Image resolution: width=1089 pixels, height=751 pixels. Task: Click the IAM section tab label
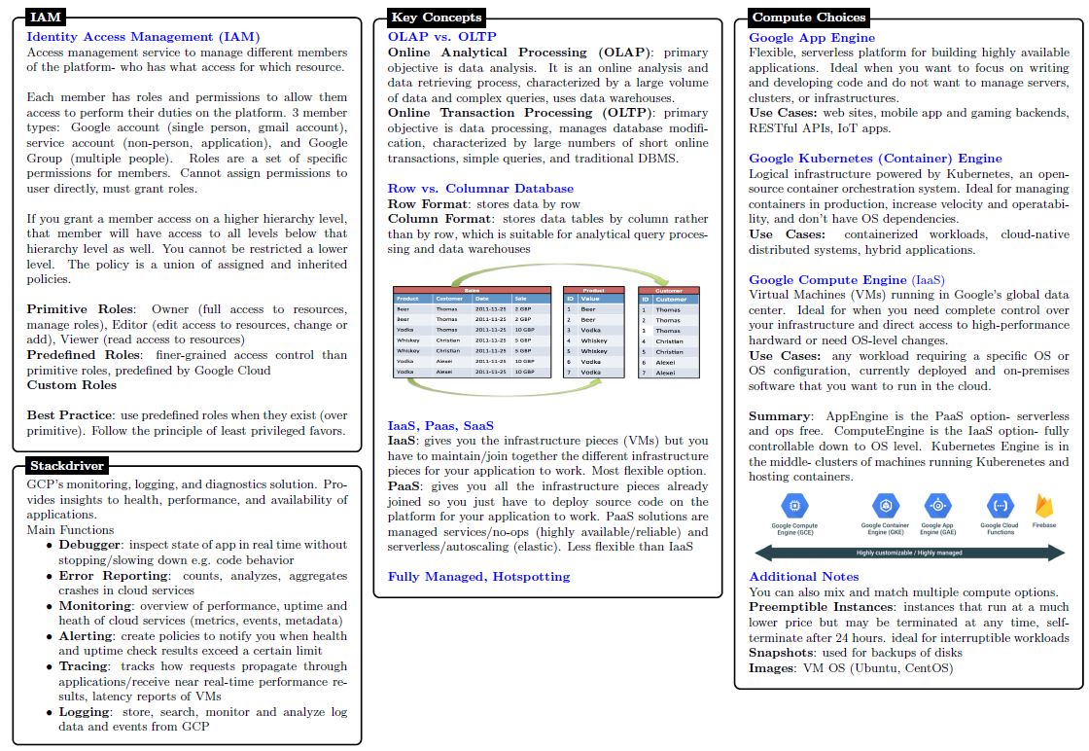(x=47, y=17)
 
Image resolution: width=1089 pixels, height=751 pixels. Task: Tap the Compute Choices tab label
(x=808, y=17)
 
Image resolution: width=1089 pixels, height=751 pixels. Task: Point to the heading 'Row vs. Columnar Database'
(x=480, y=188)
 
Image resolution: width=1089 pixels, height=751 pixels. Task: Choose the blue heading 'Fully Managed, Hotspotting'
(x=478, y=576)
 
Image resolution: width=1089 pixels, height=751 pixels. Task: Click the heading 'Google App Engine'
(x=812, y=37)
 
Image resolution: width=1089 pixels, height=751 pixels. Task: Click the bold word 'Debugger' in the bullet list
(x=89, y=545)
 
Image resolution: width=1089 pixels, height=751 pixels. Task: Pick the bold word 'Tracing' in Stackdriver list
(x=85, y=666)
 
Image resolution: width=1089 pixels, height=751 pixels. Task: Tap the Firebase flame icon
(x=1045, y=506)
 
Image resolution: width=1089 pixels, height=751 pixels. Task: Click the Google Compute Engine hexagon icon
(x=794, y=505)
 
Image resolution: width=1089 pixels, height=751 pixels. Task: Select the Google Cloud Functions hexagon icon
(x=1000, y=505)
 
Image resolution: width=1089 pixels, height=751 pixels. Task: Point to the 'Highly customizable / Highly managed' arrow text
(x=909, y=553)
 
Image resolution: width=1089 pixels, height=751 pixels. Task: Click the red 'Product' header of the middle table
(x=594, y=290)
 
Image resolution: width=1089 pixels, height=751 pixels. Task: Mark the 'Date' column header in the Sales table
(x=483, y=299)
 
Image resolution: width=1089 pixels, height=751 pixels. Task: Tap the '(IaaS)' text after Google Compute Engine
(x=928, y=279)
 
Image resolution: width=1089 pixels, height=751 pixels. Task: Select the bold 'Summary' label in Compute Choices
(x=779, y=415)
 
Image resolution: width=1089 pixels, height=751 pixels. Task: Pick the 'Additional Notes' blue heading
(x=803, y=576)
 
